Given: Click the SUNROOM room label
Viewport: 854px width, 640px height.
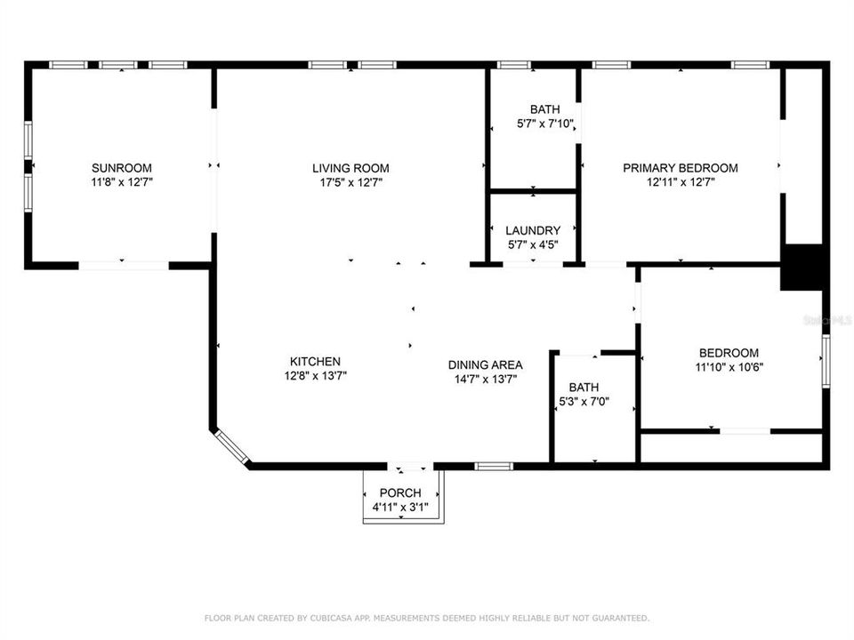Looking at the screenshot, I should coord(122,168).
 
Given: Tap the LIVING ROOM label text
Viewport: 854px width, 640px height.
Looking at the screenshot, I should coord(350,168).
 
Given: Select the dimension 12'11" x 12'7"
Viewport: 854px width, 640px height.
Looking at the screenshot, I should coord(680,182).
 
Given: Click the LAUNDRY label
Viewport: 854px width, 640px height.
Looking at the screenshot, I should coord(533,230).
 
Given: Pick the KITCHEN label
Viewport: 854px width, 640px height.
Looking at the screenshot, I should coord(315,361).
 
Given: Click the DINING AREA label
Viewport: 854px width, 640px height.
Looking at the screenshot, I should coord(485,364).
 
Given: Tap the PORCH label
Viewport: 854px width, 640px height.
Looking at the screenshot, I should coord(400,493).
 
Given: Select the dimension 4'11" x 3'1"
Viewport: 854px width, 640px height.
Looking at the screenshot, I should coord(400,508).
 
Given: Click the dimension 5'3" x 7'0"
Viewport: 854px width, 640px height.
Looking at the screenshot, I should coord(584,402).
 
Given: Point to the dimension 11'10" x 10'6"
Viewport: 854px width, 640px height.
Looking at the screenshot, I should coord(729,366).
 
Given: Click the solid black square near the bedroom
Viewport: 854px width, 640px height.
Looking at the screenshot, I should coord(804,267).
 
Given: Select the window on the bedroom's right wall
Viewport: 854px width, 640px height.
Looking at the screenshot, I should coord(826,360).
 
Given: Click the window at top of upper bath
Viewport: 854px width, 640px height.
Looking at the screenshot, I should coord(514,64).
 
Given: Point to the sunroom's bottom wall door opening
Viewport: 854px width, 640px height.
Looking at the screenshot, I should coord(123,265).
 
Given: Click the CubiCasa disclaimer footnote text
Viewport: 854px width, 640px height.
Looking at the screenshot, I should coord(427,617).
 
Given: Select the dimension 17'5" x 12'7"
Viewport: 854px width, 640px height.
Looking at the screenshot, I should coord(350,182).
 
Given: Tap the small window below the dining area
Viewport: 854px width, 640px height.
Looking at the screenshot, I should coord(494,466).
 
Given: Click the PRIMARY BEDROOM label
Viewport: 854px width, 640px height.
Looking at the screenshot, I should coord(680,168).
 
